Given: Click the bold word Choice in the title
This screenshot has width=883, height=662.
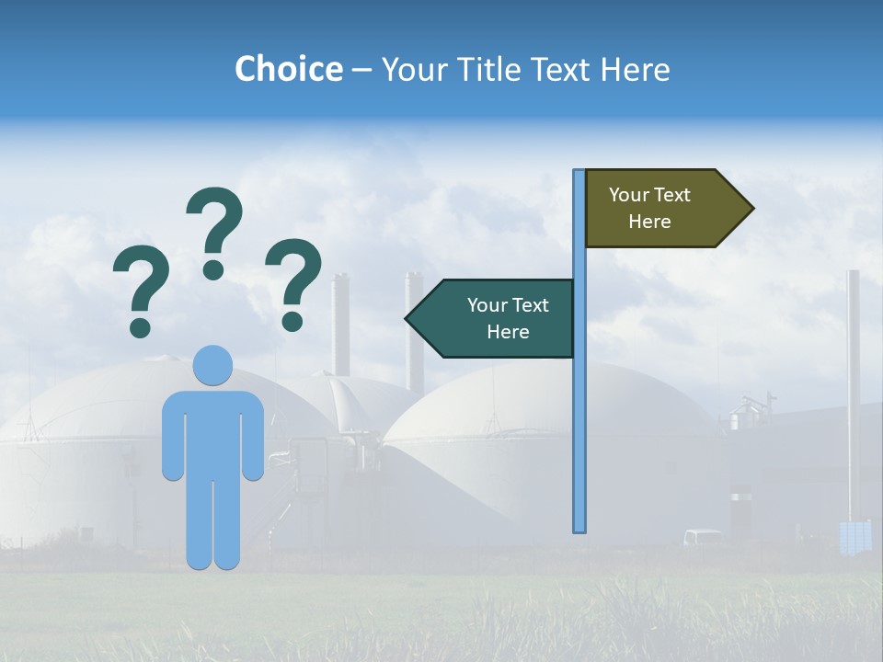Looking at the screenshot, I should (288, 69).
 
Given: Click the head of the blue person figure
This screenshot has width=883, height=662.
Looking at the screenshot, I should (212, 365).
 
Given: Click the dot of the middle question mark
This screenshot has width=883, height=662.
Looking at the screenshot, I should (213, 269).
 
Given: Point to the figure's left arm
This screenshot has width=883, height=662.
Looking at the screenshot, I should (172, 437).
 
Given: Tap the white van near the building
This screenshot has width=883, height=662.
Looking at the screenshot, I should (703, 537).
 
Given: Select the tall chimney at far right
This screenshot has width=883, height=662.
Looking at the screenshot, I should (854, 386).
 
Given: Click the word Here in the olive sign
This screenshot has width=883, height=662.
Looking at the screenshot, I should (649, 222).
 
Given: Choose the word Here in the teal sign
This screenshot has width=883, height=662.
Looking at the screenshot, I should (508, 332).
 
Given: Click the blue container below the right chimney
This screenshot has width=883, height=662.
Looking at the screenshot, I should (854, 537).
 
